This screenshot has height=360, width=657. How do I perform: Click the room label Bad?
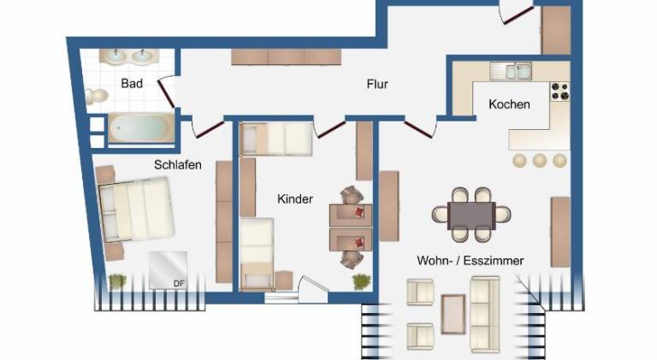[x=132, y=83]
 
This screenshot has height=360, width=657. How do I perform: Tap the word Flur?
[x=377, y=84]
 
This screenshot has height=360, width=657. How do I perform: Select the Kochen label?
[x=509, y=103]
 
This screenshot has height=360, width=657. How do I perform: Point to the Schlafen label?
[x=178, y=164]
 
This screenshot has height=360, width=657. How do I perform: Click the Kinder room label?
[x=295, y=199]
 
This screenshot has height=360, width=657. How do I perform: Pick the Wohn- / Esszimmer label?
[x=471, y=261]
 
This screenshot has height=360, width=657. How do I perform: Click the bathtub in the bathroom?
[x=142, y=128]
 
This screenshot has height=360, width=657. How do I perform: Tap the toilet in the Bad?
[x=97, y=97]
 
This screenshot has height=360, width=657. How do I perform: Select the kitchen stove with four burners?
[x=560, y=91]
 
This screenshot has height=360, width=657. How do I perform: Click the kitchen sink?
[x=511, y=71]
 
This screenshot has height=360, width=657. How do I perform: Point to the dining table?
[x=471, y=215]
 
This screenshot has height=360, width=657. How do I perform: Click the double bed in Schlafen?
[x=137, y=209]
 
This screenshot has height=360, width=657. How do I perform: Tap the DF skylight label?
[x=179, y=283]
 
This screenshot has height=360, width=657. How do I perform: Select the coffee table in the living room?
[x=453, y=314]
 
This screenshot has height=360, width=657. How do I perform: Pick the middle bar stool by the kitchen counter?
[x=540, y=160]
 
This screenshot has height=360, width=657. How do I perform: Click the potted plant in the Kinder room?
[x=361, y=281]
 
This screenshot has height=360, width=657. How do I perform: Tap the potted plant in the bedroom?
[x=117, y=280]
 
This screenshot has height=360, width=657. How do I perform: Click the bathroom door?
[x=166, y=93]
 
